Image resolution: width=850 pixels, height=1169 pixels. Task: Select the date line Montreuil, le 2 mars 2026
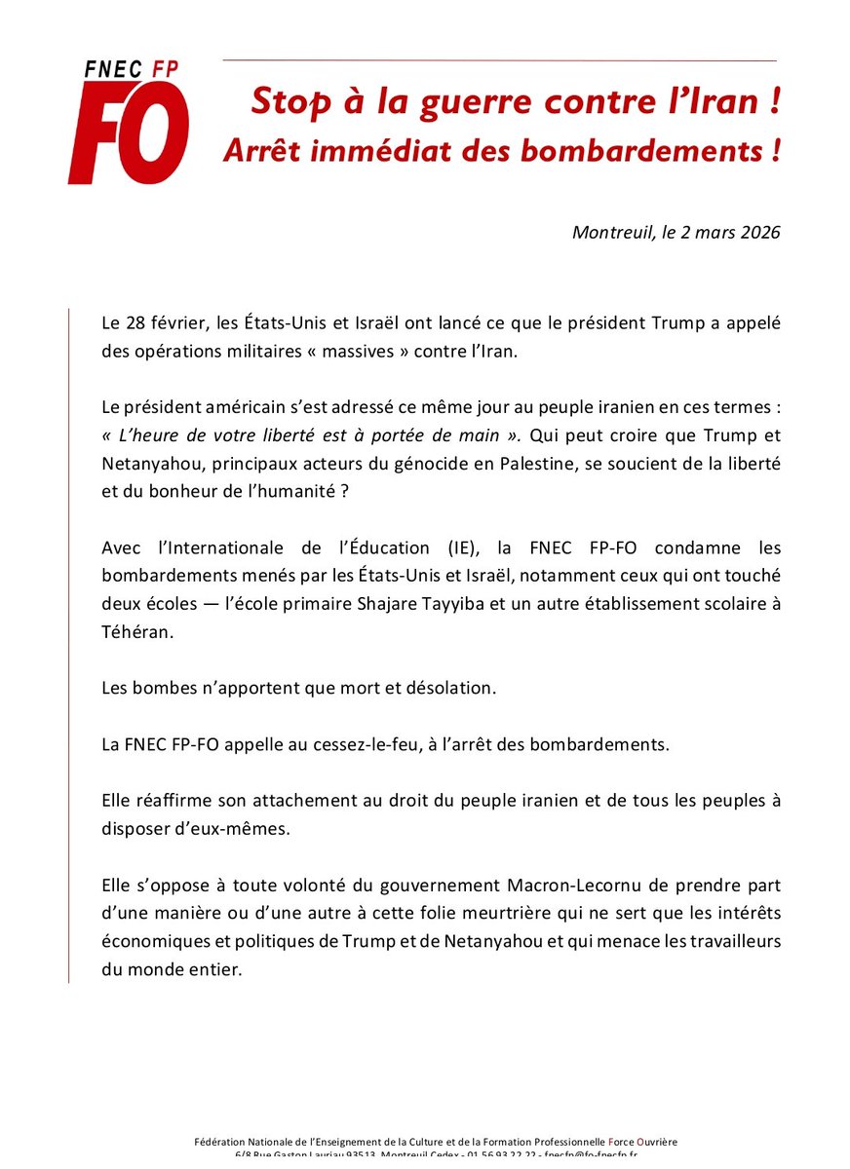(676, 233)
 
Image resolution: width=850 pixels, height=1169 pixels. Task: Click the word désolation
(450, 688)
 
